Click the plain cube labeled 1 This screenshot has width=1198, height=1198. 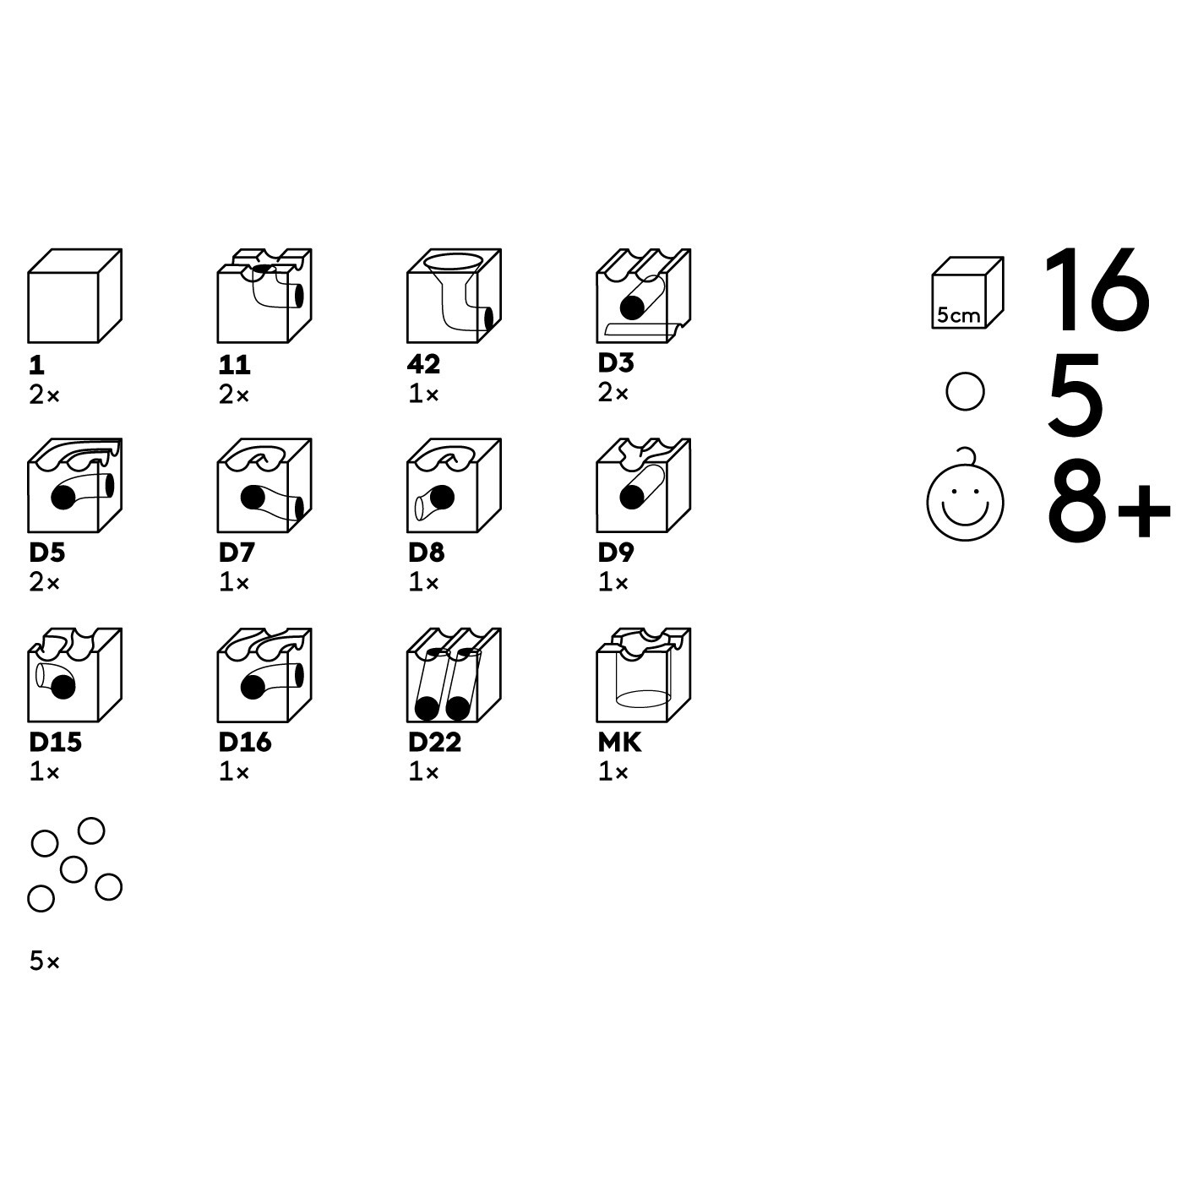(74, 296)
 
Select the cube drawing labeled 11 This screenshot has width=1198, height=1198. (264, 296)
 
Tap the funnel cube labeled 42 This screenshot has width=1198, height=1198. (454, 296)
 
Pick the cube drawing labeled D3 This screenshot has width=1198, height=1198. (644, 296)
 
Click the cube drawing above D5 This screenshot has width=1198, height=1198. (74, 486)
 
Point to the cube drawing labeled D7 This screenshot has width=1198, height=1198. (264, 486)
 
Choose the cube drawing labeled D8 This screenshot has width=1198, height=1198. (454, 486)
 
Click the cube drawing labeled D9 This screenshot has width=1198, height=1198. (644, 486)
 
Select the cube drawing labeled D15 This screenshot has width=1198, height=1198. (74, 675)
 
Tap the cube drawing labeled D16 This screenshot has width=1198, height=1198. (264, 675)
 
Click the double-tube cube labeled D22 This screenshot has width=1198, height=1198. (454, 675)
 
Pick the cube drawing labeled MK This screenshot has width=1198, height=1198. (644, 675)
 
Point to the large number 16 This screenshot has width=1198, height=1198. (1097, 290)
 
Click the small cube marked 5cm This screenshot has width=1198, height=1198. (967, 293)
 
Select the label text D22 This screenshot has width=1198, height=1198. (434, 743)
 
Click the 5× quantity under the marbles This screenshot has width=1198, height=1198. (44, 961)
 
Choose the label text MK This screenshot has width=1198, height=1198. (619, 743)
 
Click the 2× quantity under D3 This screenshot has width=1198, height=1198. (613, 393)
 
